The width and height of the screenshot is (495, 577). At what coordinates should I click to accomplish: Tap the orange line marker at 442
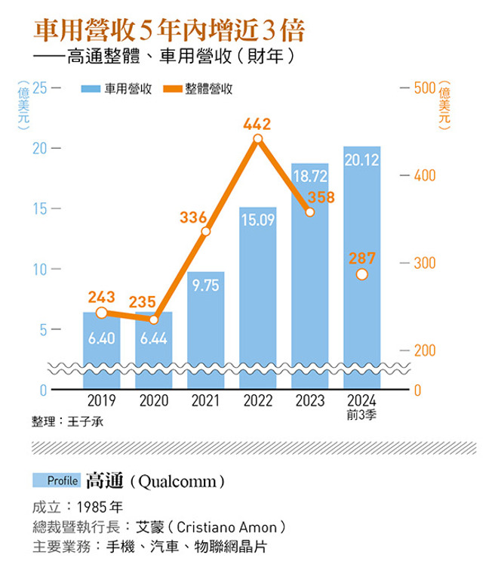point(258,139)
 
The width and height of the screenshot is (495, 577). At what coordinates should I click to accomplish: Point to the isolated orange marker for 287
point(361,274)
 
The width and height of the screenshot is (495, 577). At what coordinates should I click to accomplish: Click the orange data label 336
point(193,218)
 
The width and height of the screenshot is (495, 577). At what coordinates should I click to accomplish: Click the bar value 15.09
point(258,221)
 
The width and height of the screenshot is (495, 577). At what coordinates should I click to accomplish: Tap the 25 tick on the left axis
point(38,88)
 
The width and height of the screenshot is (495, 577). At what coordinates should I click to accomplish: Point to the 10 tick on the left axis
point(38,270)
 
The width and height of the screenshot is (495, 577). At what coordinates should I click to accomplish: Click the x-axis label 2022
point(258,402)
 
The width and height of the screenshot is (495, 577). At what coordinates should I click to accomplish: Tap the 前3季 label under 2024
point(361,415)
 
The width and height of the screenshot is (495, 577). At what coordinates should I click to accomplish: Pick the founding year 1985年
point(102,506)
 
